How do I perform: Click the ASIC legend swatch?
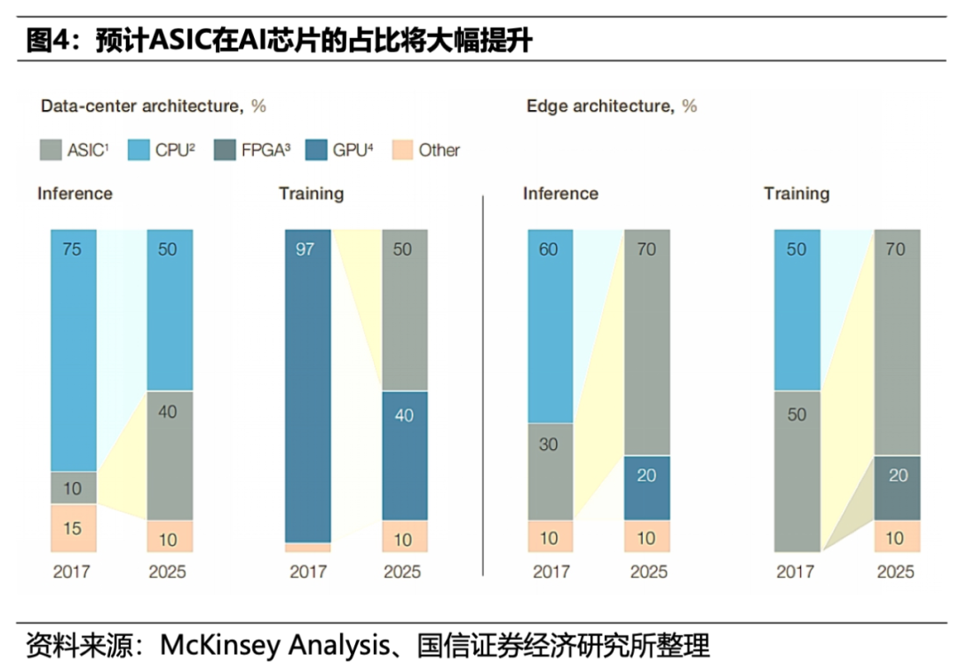coord(52,150)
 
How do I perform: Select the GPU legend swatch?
coord(316,150)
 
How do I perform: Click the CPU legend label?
coord(172,150)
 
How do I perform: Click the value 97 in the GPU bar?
coord(306,249)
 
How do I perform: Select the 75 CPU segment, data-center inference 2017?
coord(73,350)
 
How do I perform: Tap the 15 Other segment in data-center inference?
coord(73,528)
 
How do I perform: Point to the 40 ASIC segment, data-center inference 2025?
coord(170,454)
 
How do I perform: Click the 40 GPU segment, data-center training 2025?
coord(404,454)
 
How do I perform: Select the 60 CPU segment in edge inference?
coord(550,326)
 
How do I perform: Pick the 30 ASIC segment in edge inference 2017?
coord(550,470)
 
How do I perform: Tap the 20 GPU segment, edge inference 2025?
coord(646,487)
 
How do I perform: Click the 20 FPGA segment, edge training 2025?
coord(897,487)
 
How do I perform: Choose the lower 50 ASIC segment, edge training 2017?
coord(797,470)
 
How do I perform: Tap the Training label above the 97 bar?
coord(311,193)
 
